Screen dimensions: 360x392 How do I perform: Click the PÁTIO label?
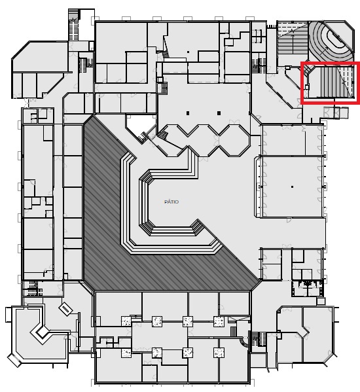[171, 202]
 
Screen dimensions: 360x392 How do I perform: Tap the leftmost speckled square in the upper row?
[126, 321]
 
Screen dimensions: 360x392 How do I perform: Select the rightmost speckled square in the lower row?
[219, 353]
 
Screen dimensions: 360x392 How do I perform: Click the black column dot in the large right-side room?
[292, 187]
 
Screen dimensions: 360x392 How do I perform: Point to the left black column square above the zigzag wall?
[188, 113]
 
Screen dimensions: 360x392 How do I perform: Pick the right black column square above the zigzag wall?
[219, 113]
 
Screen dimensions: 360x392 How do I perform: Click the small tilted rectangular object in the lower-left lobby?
[65, 309]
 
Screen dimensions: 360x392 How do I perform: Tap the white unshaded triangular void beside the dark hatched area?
[139, 125]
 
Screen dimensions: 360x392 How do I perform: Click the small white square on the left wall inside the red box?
[307, 87]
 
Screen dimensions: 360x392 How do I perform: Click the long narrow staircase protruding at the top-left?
[73, 24]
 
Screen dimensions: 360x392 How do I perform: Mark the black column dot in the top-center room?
[188, 52]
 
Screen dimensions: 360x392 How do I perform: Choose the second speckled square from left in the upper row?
[157, 321]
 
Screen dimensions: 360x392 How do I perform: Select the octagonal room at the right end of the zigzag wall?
[234, 141]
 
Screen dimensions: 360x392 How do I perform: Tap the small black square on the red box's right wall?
[353, 82]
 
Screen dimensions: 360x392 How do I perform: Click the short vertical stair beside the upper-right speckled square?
[233, 332]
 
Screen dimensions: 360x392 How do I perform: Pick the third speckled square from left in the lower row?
[188, 353]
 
